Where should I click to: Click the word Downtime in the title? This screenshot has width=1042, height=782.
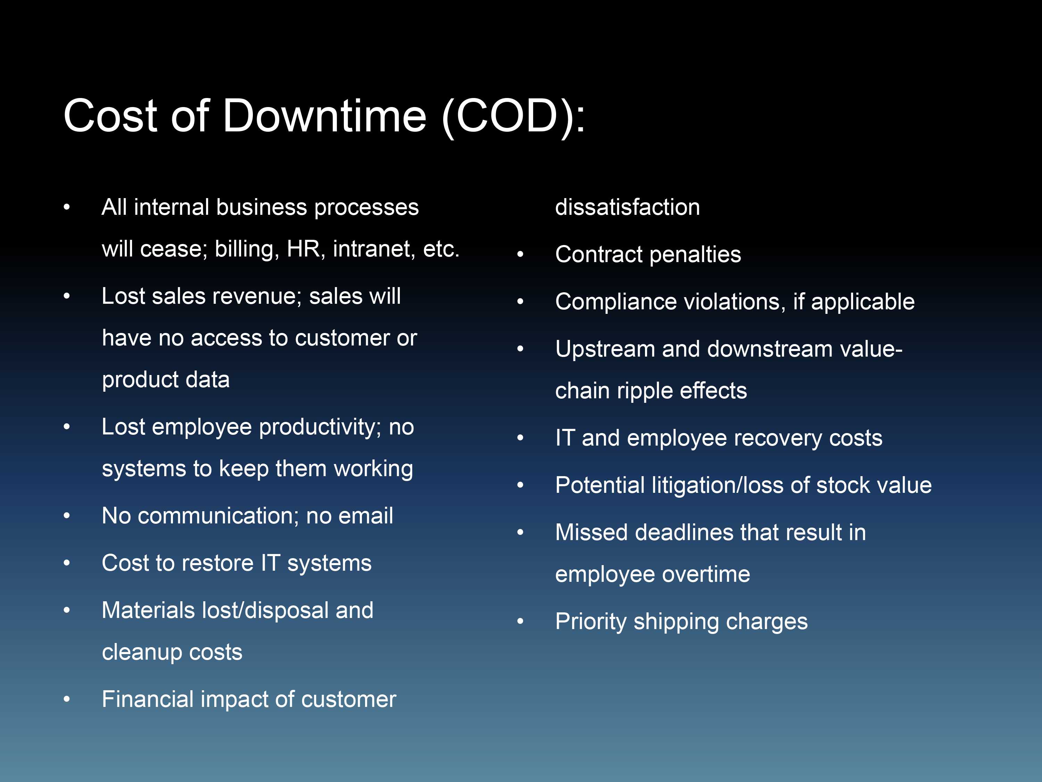click(x=324, y=116)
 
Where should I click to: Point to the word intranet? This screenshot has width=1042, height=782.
click(x=374, y=249)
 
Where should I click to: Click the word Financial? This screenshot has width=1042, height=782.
click(x=148, y=699)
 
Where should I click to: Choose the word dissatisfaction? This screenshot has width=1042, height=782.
click(x=628, y=207)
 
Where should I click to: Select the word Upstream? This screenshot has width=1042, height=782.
click(x=605, y=350)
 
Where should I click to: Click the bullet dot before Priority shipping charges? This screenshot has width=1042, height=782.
click(x=520, y=621)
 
